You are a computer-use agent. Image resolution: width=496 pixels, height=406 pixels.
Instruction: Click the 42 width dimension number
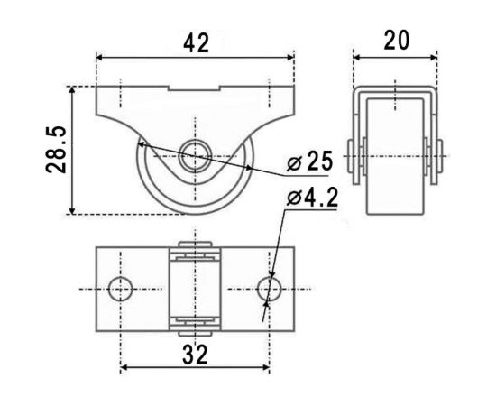tap(196, 43)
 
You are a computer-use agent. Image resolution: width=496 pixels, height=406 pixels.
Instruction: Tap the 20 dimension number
tap(397, 41)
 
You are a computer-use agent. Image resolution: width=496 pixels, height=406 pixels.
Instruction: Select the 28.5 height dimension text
tap(56, 150)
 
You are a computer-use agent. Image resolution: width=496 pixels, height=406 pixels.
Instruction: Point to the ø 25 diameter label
tap(309, 161)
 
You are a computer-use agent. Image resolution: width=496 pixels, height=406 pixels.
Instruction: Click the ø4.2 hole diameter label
tap(312, 198)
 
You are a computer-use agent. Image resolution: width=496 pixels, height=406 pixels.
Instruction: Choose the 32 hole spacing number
tap(195, 355)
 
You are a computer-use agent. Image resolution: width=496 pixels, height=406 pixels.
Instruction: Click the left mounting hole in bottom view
tap(120, 289)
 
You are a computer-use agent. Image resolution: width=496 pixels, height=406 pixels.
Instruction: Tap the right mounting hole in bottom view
tap(270, 289)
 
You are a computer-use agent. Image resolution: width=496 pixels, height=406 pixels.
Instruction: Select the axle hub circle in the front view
tap(195, 156)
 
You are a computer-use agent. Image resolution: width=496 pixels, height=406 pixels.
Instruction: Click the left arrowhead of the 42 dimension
tap(99, 58)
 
